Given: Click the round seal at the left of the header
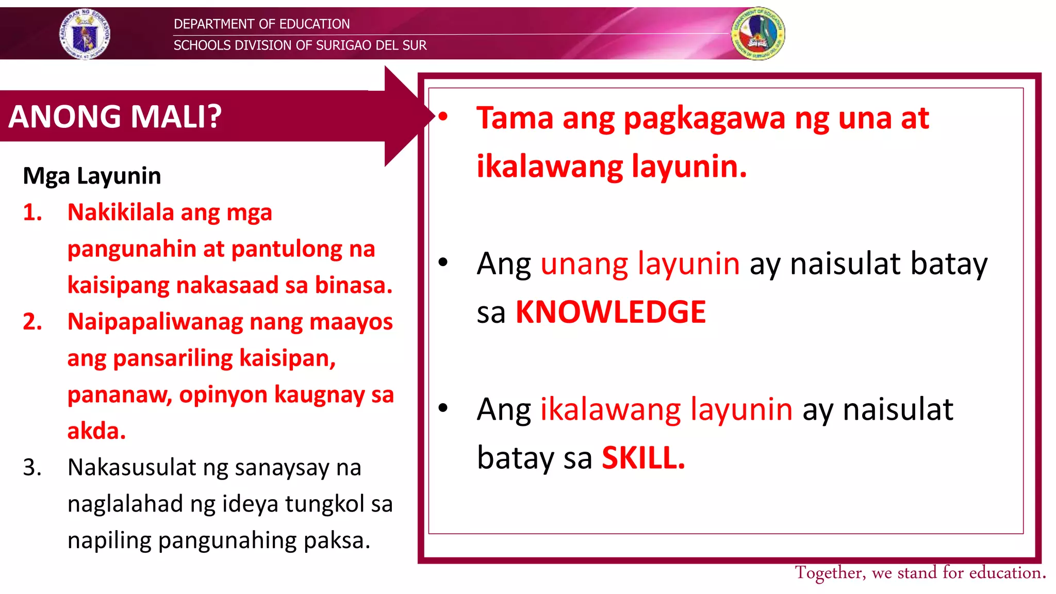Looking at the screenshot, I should pos(85,34).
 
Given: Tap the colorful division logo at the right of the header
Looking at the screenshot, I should pos(757,34).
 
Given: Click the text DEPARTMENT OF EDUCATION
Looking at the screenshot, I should pos(261,24).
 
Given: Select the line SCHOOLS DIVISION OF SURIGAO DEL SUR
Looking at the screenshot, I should pos(300,45).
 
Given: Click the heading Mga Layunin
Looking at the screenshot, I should pos(92,176).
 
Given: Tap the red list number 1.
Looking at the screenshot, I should pos(32,212).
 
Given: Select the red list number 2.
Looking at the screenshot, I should pos(32,322).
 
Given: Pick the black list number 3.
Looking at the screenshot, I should pos(32,468).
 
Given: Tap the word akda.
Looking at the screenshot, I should pos(96,431).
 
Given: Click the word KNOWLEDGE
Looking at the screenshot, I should pos(610,312).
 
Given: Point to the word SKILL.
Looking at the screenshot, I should pos(643,458).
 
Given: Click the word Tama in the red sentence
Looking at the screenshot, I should pos(514,118).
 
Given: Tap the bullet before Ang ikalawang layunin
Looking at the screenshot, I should pos(443,408).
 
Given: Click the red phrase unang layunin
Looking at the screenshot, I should pos(639,264).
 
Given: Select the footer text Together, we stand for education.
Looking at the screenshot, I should pos(920,573).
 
